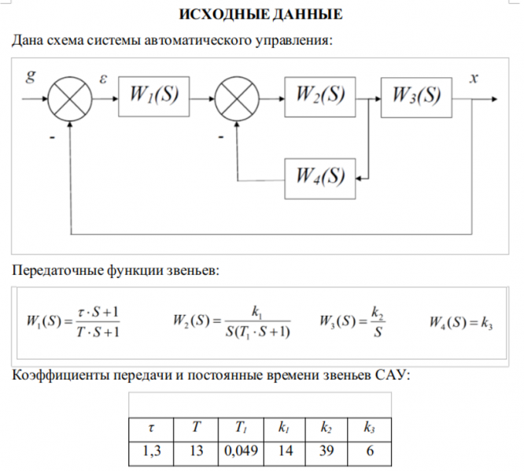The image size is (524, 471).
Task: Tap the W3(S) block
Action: click(416, 97)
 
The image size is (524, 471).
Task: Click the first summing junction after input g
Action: click(71, 100)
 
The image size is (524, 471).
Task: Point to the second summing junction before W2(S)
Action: click(237, 100)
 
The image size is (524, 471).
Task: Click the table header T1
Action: click(240, 429)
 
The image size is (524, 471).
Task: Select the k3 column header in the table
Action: click(368, 429)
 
